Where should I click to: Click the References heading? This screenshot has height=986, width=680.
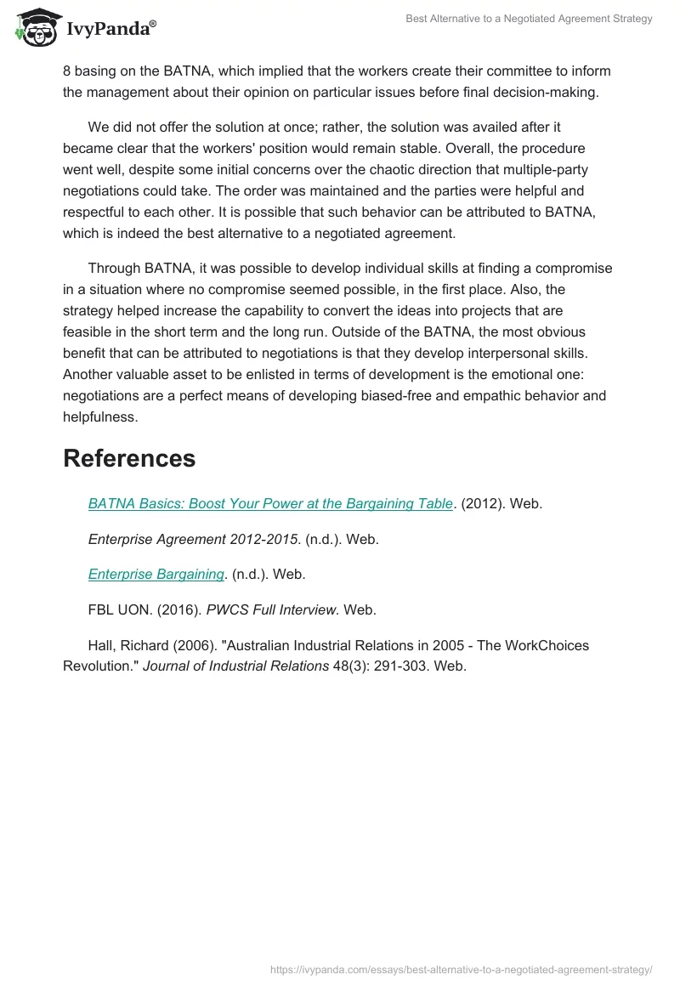click(129, 458)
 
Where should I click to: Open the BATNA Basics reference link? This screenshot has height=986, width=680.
click(270, 503)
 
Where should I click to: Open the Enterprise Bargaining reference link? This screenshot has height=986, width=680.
click(156, 574)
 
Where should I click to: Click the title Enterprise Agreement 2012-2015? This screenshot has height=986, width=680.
click(193, 539)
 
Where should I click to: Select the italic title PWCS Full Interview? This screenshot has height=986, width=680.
click(273, 609)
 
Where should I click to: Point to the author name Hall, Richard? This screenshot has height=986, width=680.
click(128, 645)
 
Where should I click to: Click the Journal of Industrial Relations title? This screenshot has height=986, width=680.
click(235, 666)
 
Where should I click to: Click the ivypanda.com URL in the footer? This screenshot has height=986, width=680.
click(461, 968)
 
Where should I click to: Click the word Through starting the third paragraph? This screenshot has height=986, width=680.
click(116, 269)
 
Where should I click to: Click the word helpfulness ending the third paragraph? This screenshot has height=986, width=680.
click(100, 417)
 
